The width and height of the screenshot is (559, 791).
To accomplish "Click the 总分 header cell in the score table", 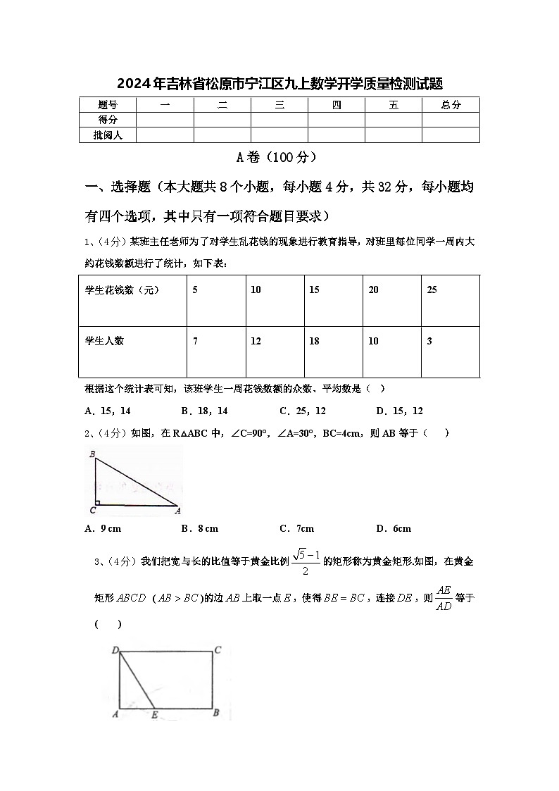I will [451, 105].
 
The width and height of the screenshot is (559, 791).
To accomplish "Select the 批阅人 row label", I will [108, 135].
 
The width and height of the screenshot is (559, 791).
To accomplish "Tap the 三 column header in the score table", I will [279, 105].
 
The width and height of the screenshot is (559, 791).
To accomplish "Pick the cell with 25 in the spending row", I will [432, 289].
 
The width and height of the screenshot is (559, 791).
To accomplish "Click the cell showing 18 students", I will [314, 341].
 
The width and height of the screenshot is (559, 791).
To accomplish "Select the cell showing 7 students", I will [195, 341].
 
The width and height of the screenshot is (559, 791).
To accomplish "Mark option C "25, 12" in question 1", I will [302, 411].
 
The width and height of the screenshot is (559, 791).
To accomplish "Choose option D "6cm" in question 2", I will [394, 528].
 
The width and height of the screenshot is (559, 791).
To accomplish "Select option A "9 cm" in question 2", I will [103, 528].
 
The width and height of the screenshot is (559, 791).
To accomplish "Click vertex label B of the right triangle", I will [92, 455].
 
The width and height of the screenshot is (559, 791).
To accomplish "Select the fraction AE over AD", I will [444, 597].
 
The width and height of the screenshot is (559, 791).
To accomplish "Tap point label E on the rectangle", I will [154, 714].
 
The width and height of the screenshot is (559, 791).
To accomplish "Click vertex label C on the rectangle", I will [218, 650].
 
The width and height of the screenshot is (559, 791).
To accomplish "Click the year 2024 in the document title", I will [131, 85].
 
